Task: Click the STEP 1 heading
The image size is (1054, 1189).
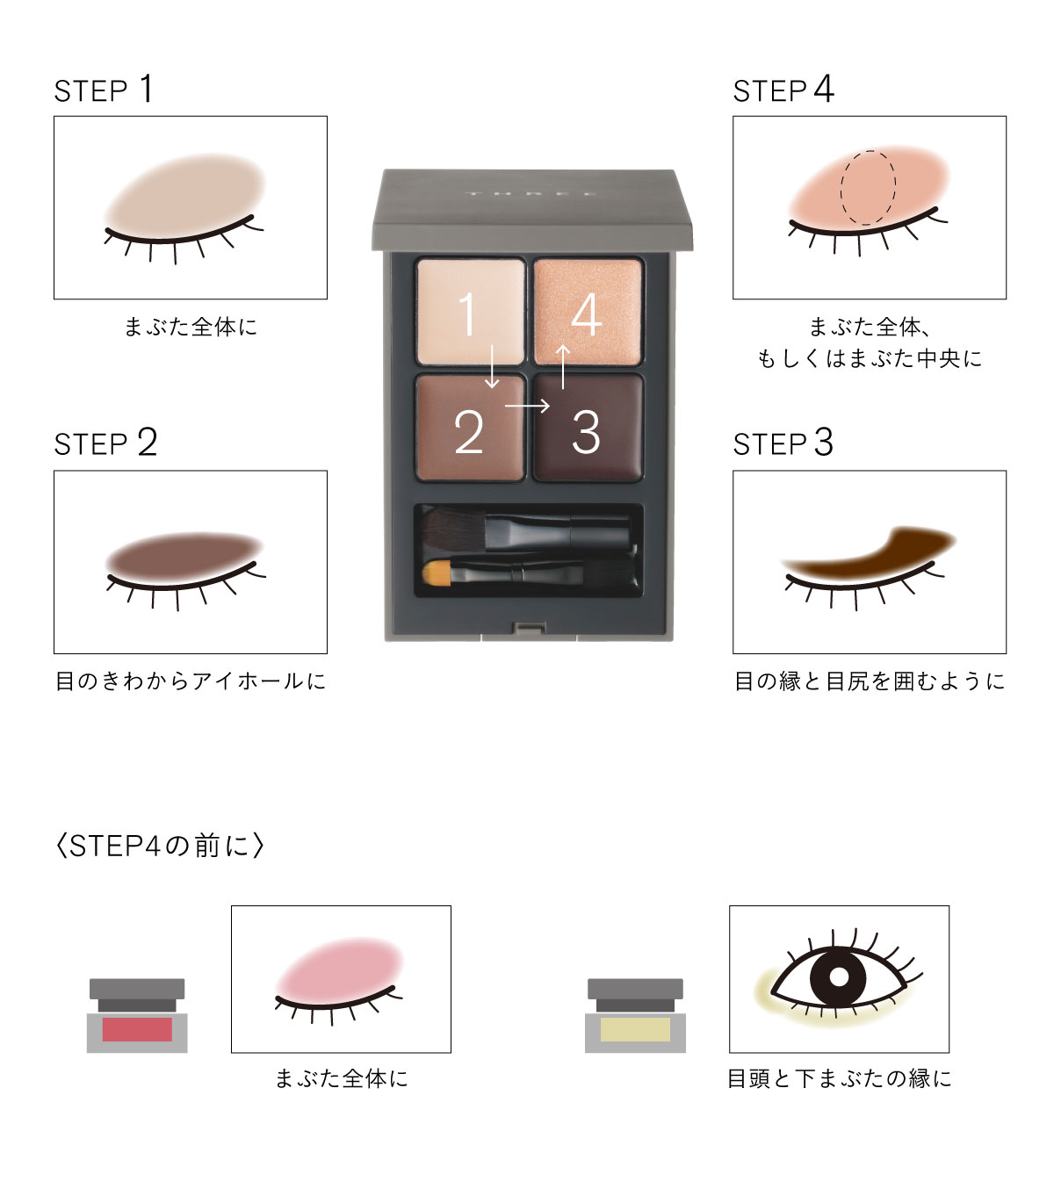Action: pyautogui.click(x=104, y=90)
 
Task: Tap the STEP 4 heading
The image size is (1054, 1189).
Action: pyautogui.click(x=783, y=90)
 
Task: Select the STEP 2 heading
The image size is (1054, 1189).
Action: pyautogui.click(x=105, y=443)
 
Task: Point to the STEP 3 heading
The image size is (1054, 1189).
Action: pyautogui.click(x=783, y=443)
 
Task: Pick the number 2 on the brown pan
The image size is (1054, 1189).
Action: pyautogui.click(x=469, y=432)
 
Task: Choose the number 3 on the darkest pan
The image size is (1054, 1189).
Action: pyautogui.click(x=586, y=432)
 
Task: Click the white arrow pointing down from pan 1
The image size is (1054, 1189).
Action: pyautogui.click(x=492, y=367)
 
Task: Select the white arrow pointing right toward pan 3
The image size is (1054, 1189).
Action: pyautogui.click(x=527, y=406)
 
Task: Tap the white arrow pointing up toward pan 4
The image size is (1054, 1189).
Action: pyautogui.click(x=563, y=367)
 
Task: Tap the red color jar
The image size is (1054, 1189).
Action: pyautogui.click(x=137, y=1015)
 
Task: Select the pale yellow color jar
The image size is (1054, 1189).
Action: pyautogui.click(x=635, y=1015)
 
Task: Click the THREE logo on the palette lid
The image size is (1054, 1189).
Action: pyautogui.click(x=532, y=193)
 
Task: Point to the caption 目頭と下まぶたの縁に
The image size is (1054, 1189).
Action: pyautogui.click(x=839, y=1078)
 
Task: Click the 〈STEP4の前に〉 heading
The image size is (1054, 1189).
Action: pyautogui.click(x=159, y=846)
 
